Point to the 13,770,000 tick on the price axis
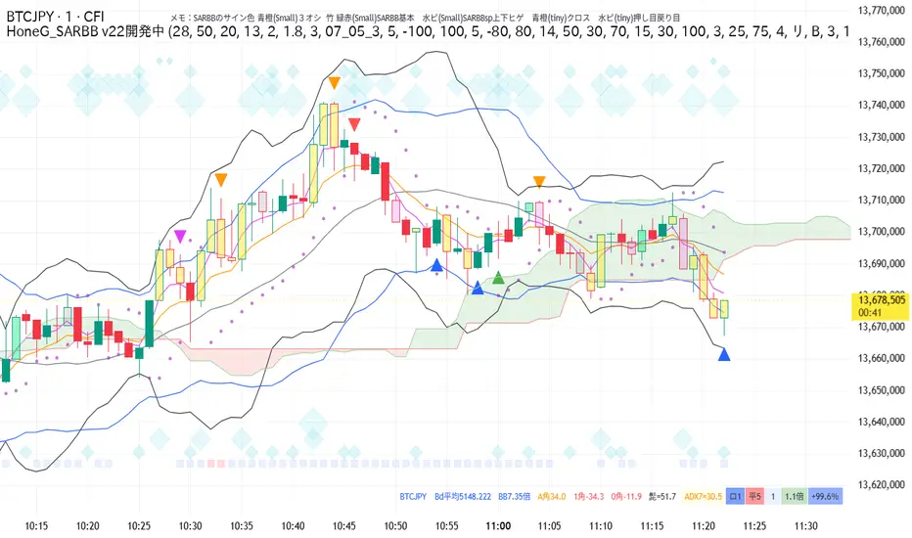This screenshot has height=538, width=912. click(x=878, y=10)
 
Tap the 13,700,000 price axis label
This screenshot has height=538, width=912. click(x=878, y=232)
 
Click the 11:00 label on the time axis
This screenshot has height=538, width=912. click(x=498, y=525)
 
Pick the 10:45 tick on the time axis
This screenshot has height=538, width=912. click(x=344, y=525)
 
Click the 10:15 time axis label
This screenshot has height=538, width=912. click(x=37, y=525)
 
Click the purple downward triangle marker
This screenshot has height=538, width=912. click(x=180, y=235)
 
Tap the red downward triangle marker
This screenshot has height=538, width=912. click(x=353, y=124)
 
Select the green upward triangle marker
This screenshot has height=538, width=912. click(x=499, y=279)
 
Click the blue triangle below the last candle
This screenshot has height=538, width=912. click(x=724, y=354)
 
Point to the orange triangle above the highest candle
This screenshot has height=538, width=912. click(x=335, y=84)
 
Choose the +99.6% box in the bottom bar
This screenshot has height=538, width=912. click(x=826, y=496)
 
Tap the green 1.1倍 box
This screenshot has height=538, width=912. click(x=794, y=496)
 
